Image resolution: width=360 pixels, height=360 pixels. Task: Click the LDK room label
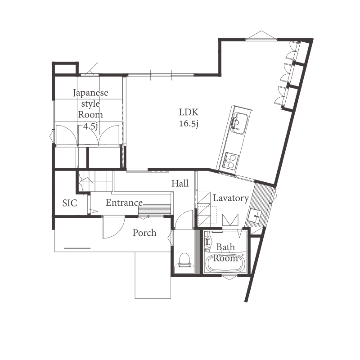[x=189, y=112]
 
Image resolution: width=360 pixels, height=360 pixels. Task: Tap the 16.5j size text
[x=189, y=123]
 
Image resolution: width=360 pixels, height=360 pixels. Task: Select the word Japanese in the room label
[x=90, y=93]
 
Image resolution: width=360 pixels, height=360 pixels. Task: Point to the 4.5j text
[x=90, y=126]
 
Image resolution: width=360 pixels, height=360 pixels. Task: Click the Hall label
[x=180, y=183]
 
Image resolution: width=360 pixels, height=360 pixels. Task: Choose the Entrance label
[x=124, y=202]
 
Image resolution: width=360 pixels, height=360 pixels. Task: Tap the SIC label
[x=70, y=203]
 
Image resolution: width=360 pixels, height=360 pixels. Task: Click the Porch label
[x=144, y=233]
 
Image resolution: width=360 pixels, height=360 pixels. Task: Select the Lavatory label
[x=231, y=198]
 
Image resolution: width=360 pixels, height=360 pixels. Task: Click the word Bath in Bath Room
[x=225, y=247]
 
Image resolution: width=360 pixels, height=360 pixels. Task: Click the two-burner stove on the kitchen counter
[x=230, y=160]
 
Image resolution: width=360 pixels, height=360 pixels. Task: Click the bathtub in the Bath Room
[x=225, y=263]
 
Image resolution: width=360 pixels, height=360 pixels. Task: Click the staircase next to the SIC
[x=96, y=181]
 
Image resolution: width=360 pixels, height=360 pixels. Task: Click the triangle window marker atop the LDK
[x=261, y=35]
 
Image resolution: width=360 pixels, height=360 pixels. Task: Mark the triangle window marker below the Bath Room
[x=229, y=278]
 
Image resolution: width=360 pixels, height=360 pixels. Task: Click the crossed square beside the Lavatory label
[x=230, y=220]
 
